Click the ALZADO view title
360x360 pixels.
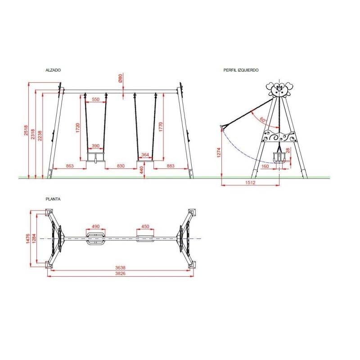tap(53, 70)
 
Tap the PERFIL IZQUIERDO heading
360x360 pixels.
tap(241, 70)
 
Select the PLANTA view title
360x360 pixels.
tap(53, 199)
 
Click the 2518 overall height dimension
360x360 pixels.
tap(26, 130)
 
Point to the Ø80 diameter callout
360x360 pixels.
tap(120, 78)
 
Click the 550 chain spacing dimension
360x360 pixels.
tap(95, 99)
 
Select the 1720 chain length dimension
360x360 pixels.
tap(78, 128)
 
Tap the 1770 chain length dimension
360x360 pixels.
tap(161, 127)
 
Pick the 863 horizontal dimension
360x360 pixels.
tap(70, 166)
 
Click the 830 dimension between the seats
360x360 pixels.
tap(121, 166)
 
